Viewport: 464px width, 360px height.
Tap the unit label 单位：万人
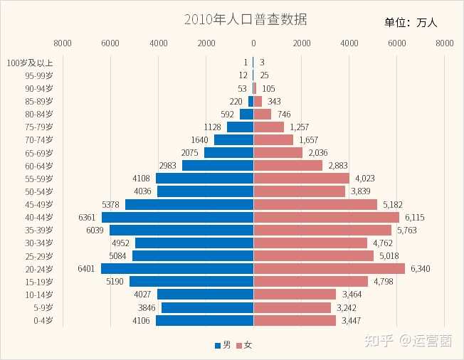click(411, 23)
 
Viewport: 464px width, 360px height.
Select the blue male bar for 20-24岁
click(177, 268)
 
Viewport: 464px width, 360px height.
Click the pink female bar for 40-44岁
click(326, 217)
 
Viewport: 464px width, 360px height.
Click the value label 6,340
click(420, 268)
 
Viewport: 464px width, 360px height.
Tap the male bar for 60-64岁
click(218, 166)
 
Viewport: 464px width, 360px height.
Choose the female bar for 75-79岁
click(268, 127)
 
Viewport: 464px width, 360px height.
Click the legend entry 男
click(223, 345)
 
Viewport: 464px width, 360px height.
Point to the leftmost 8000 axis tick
click(63, 43)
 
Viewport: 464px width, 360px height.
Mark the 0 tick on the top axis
click(253, 43)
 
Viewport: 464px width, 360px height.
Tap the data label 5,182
click(392, 204)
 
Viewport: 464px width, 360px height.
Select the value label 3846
click(150, 307)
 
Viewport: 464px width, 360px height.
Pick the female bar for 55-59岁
click(301, 179)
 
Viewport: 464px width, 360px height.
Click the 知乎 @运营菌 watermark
click(414, 341)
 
